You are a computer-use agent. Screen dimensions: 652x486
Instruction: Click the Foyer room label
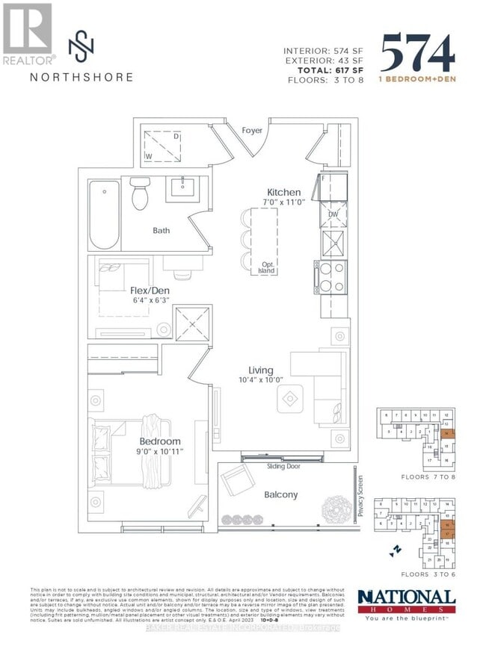click(x=252, y=131)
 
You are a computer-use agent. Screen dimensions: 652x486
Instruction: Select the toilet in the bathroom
click(x=138, y=195)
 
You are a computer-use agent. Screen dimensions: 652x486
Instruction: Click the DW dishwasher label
click(x=334, y=214)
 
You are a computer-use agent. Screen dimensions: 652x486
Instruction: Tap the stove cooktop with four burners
click(x=330, y=278)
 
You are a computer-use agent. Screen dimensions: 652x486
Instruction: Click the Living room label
click(x=261, y=370)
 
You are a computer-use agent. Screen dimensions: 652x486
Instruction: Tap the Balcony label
click(x=280, y=494)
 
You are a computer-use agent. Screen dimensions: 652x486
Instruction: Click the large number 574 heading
click(x=417, y=55)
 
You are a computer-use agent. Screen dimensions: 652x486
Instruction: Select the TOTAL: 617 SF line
click(x=324, y=69)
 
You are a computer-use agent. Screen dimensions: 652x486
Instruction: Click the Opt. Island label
click(x=265, y=268)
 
